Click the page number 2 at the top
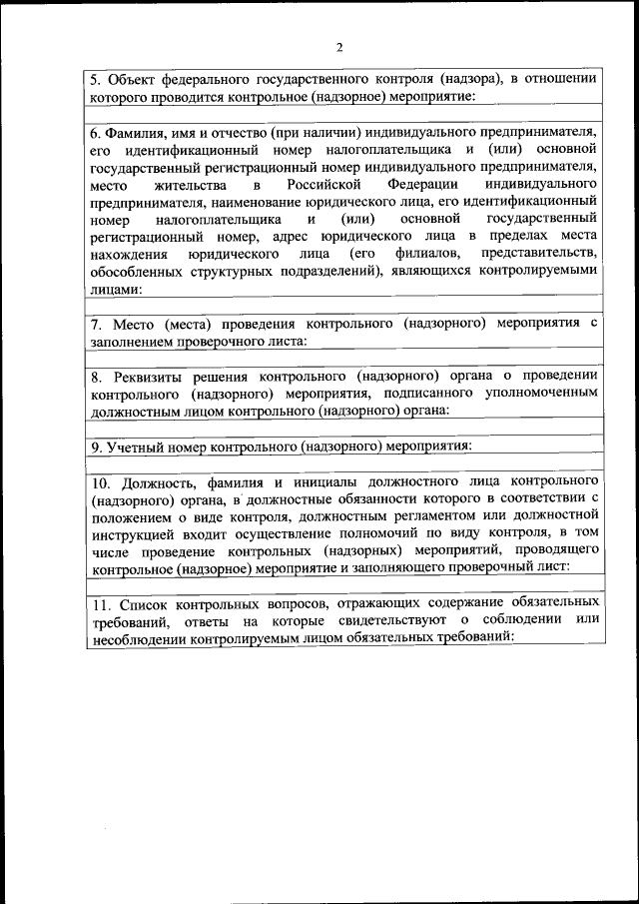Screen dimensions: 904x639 (x=339, y=47)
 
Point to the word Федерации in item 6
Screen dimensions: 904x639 (x=420, y=185)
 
